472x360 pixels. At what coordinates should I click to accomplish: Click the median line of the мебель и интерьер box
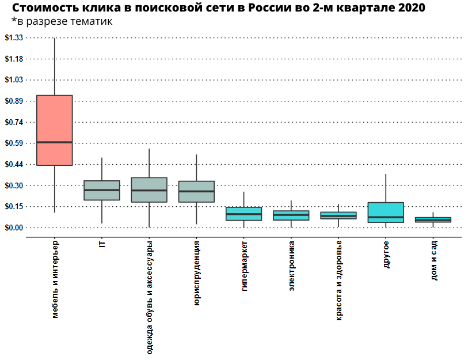pyautogui.click(x=54, y=142)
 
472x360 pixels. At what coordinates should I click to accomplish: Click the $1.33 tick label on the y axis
pyautogui.click(x=13, y=37)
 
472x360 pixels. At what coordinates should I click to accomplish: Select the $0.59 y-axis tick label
pyautogui.click(x=13, y=143)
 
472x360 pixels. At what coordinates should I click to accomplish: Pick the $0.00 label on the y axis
pyautogui.click(x=13, y=228)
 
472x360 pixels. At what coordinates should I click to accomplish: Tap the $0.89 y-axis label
pyautogui.click(x=13, y=101)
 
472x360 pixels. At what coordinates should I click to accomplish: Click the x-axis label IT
pyautogui.click(x=102, y=245)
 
